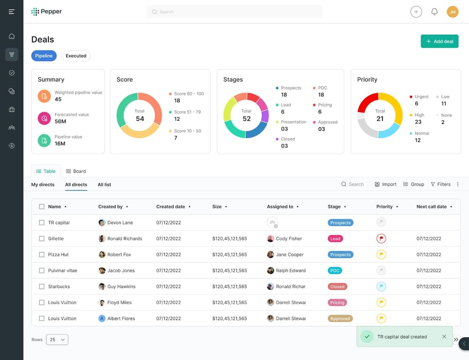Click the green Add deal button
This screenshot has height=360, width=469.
pos(439,41)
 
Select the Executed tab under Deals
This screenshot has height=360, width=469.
pos(76,56)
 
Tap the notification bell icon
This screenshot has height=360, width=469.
pos(434,12)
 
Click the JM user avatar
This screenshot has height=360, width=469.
pos(452,12)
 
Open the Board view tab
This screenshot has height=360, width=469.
pos(76,171)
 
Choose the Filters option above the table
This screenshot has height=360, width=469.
pos(440,184)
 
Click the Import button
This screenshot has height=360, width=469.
pos(386,184)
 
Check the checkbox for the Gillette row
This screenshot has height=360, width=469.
pos(42,239)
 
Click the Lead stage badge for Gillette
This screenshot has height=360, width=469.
pos(335,239)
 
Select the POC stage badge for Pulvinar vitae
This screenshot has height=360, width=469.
pos(335,270)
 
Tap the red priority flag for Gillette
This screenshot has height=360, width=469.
pos(381,239)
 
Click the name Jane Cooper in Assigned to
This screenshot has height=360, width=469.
pos(290,255)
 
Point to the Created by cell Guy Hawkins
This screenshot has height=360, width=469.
pos(121,286)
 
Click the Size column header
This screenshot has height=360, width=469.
pos(217,206)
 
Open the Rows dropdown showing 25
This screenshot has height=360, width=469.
pos(57,339)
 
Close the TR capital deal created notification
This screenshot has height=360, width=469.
pos(444,337)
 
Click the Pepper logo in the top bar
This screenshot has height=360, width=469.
pos(46,12)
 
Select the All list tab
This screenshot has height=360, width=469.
pos(104,185)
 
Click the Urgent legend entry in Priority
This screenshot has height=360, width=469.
pos(421,97)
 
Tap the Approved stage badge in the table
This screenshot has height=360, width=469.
pos(340,318)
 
